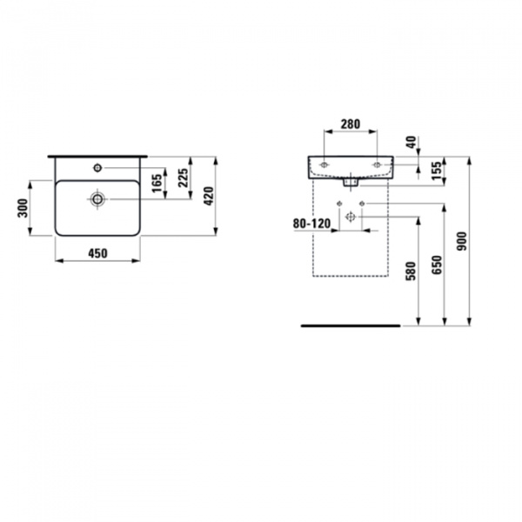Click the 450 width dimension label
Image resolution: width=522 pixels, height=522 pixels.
[x=97, y=253]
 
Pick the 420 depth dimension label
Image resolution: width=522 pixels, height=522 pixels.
[x=209, y=197]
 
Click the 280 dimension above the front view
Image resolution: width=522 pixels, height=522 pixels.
[x=351, y=124]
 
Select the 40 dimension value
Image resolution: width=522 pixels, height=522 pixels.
[x=411, y=143]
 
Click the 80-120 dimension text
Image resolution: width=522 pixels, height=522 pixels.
[x=311, y=224]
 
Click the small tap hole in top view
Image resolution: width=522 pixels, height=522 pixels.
[x=98, y=166]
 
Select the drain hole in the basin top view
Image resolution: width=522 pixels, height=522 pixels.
[x=97, y=200]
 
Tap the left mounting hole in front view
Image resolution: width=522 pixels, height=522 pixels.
[x=324, y=164]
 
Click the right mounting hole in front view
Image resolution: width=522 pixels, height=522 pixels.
[x=377, y=164]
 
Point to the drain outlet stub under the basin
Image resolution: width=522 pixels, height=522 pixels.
[x=351, y=183]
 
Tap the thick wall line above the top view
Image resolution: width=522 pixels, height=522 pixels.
[x=97, y=156]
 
